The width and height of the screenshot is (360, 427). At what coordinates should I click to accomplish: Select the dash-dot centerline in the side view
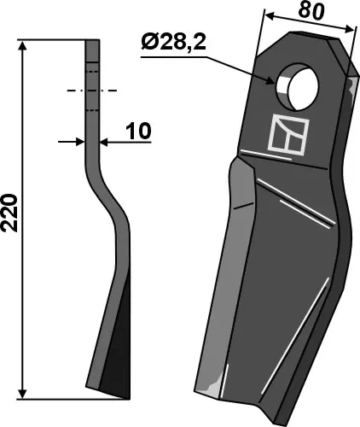pyautogui.click(x=93, y=89)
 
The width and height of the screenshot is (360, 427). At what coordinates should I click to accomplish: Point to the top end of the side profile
pyautogui.click(x=93, y=41)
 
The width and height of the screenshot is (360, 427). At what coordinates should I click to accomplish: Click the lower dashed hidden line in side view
pyautogui.click(x=93, y=109)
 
